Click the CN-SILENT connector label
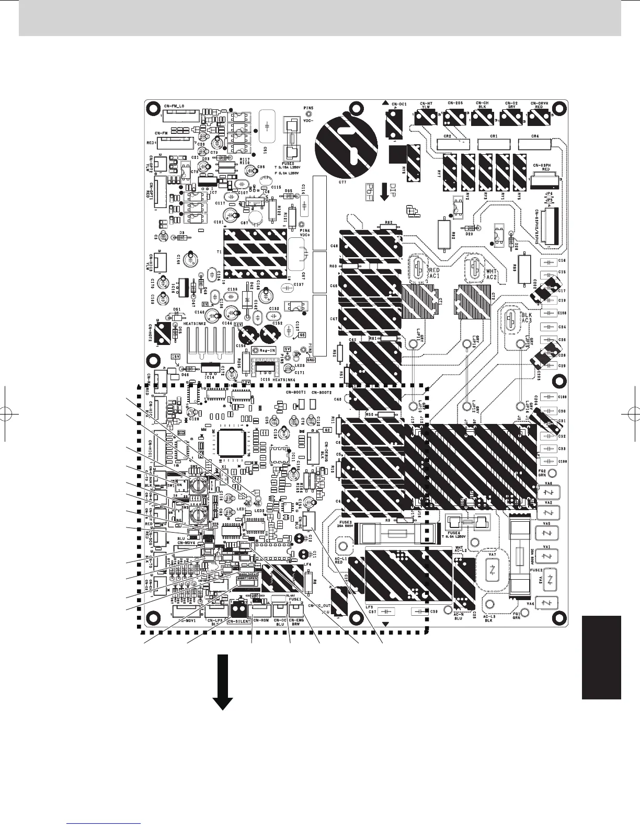pyautogui.click(x=239, y=622)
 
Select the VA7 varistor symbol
pyautogui.click(x=493, y=570)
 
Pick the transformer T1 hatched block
pyautogui.click(x=256, y=255)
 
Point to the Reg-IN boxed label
pyautogui.click(x=265, y=350)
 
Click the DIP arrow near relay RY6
pyautogui.click(x=385, y=191)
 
